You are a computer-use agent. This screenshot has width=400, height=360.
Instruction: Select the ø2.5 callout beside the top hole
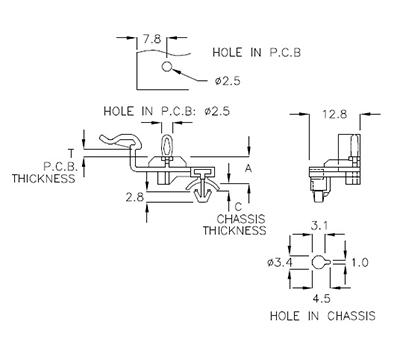(226, 80)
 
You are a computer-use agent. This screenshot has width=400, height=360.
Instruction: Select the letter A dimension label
(249, 171)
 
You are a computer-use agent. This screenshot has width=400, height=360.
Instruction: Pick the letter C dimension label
(238, 207)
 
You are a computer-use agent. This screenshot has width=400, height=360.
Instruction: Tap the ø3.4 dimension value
(282, 262)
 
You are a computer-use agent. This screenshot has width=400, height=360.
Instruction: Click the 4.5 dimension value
(319, 297)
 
